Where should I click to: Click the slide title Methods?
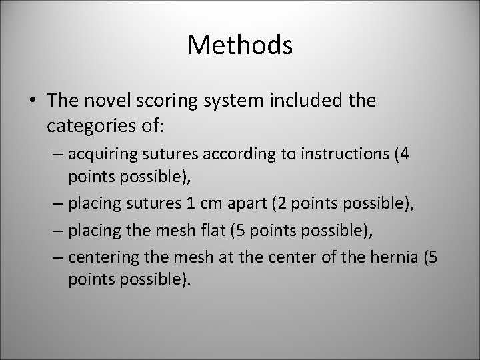click(240, 45)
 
